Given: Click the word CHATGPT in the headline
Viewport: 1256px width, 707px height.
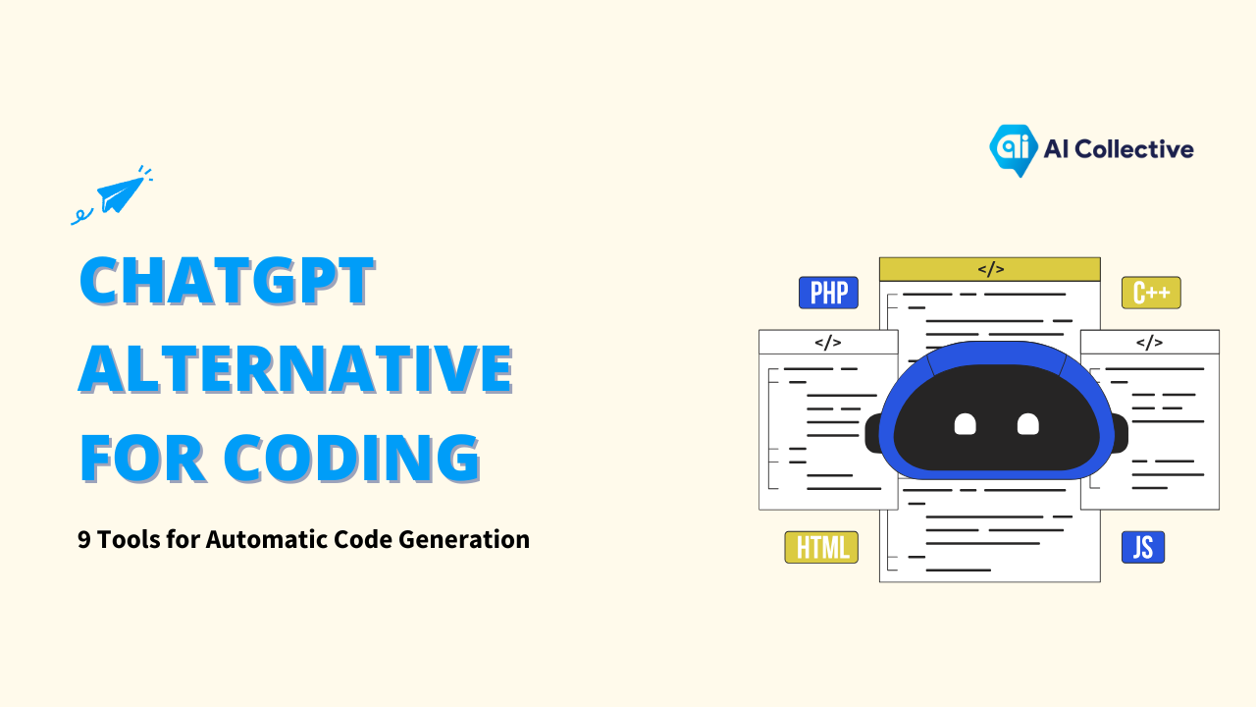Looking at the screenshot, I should (226, 281).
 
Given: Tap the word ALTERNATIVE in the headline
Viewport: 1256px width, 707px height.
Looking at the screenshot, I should (295, 369).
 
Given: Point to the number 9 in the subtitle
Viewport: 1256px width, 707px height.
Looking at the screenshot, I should (83, 539).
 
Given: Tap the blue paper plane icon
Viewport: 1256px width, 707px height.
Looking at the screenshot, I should (119, 194).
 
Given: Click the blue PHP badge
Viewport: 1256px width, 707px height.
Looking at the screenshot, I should (828, 293).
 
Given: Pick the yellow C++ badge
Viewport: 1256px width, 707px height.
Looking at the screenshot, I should (1151, 293).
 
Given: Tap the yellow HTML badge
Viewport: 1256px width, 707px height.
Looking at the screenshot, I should (821, 547).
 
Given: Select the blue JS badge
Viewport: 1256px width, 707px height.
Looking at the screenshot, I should (1143, 547).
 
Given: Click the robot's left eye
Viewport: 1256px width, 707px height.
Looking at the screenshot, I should (966, 424).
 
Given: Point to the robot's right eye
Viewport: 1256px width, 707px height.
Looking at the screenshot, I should (1027, 424).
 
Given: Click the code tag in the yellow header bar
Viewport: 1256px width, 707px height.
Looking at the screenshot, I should (990, 269).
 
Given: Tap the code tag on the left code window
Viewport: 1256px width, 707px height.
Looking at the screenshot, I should (828, 342).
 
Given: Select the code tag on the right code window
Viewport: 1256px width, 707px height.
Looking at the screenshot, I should (1149, 342).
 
